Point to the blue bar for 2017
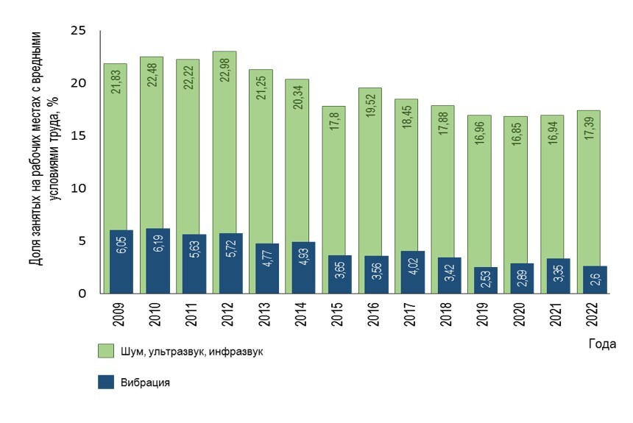[x=413, y=272]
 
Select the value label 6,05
[x=121, y=260]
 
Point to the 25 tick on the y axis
[x=78, y=31]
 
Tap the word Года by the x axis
[x=602, y=344]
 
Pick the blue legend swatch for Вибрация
[x=104, y=383]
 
